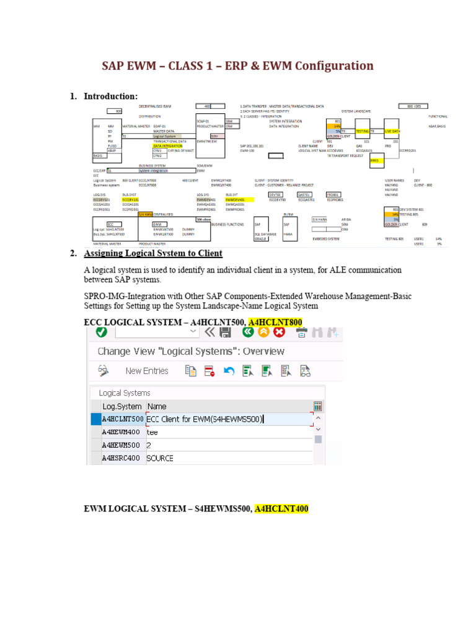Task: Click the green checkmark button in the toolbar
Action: point(100,332)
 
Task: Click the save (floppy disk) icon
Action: point(226,332)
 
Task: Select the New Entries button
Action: point(147,371)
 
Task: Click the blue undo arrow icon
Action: point(229,371)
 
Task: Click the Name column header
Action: point(157,407)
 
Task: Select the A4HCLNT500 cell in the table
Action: point(123,419)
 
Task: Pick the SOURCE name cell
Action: point(160,458)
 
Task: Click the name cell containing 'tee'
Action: point(152,432)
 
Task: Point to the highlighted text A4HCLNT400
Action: point(281,509)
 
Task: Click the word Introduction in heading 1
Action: point(110,96)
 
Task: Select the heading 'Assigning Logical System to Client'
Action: point(153,253)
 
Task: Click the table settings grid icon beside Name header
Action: point(318,407)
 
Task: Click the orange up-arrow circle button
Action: point(263,332)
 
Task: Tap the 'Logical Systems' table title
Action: point(125,393)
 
